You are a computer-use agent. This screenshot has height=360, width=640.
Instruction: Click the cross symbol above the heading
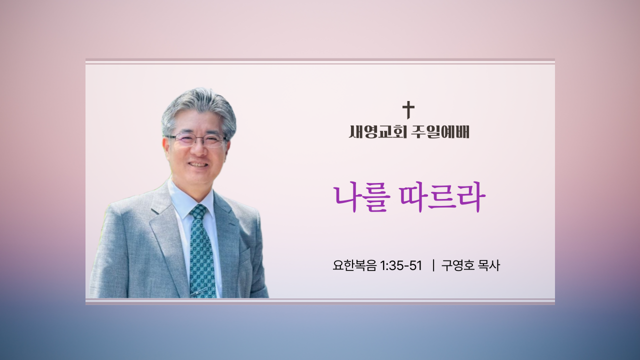(408, 110)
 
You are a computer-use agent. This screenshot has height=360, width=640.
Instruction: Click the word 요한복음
(354, 265)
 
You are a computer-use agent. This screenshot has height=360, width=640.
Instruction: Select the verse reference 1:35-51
(401, 265)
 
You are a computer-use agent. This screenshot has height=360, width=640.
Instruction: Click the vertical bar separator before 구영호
(433, 265)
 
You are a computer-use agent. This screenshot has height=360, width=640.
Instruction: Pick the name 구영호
(458, 265)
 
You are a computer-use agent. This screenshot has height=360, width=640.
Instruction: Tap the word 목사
(489, 265)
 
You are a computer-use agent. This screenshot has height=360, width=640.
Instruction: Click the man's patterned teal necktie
(201, 251)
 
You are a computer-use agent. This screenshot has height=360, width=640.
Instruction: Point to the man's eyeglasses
(196, 140)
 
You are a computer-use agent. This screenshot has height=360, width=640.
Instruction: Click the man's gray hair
(199, 110)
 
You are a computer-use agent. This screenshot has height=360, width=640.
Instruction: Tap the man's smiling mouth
(198, 165)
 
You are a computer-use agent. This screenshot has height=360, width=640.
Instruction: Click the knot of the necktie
(198, 211)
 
